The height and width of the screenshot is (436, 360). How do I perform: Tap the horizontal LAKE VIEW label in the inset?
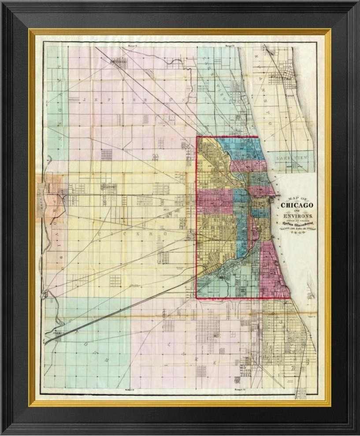(291, 157)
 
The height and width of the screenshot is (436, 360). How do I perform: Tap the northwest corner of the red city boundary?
(197, 137)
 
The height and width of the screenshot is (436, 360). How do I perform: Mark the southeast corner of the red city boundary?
(290, 298)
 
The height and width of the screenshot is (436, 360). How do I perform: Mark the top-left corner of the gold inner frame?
(30, 30)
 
